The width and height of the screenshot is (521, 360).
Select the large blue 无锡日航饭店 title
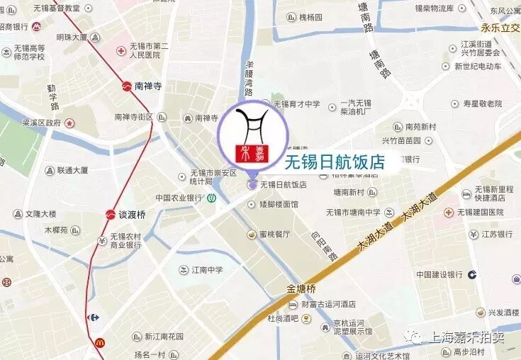pyautogui.click(x=334, y=162)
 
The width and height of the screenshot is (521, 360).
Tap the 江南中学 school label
pyautogui.click(x=207, y=270)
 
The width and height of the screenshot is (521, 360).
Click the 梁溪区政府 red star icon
pyautogui.click(x=69, y=123)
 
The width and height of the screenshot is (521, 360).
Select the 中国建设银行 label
pyautogui.click(x=439, y=274)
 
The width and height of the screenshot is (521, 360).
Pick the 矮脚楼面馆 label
pyautogui.click(x=279, y=204)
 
